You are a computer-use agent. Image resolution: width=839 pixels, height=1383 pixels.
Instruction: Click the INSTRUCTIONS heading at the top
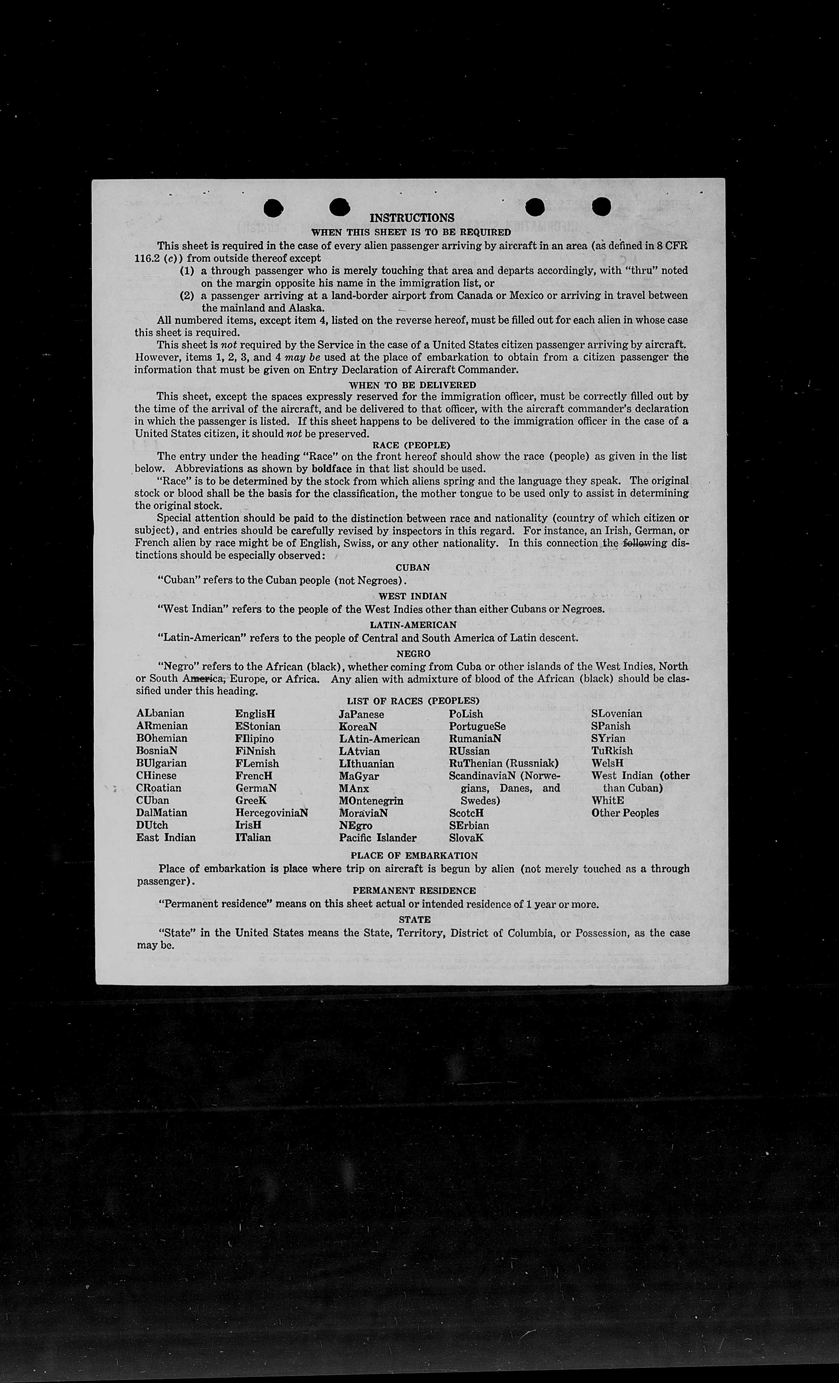412,218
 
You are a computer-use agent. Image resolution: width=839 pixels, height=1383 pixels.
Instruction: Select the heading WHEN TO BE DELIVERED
412,385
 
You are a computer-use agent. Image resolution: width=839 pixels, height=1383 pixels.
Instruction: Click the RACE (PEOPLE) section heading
412,445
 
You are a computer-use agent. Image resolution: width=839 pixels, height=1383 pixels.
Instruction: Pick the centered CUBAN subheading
412,567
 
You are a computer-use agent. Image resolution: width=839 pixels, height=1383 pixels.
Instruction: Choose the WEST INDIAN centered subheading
412,596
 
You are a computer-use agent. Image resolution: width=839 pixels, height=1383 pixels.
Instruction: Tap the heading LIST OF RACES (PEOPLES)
413,701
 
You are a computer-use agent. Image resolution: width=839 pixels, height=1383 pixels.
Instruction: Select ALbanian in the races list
160,713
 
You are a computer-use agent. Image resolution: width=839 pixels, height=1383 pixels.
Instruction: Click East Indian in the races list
166,837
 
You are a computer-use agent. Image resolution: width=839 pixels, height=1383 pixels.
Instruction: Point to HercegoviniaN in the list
272,813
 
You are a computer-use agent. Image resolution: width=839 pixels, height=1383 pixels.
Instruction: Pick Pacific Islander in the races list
378,838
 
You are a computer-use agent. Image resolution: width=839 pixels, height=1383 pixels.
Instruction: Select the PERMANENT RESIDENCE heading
414,891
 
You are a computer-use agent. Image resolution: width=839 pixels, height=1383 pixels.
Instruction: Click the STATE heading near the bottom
415,919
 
